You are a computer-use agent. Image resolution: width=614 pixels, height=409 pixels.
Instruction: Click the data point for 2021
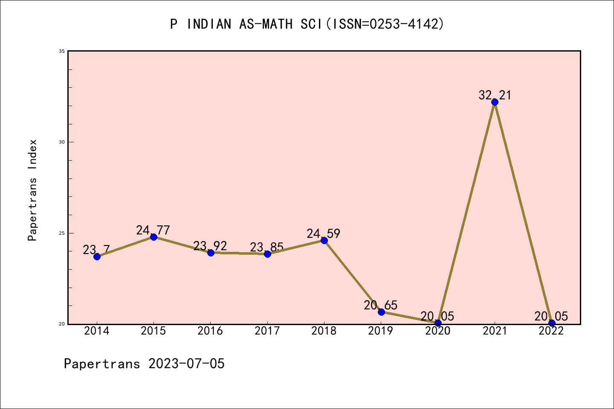(495, 102)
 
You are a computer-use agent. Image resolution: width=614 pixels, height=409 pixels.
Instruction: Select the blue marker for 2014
(97, 256)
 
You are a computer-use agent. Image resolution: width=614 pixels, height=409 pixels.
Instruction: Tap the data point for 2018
(324, 240)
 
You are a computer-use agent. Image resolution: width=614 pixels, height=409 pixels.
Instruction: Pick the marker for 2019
(381, 312)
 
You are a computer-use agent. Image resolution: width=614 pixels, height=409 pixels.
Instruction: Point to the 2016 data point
(211, 253)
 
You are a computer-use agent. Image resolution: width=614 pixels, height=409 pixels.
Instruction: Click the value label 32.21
(495, 95)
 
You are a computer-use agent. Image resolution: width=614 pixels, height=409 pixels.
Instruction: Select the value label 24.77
(153, 230)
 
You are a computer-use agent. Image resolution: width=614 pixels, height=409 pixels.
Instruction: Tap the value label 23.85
(267, 247)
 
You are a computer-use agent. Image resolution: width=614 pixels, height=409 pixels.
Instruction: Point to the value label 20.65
(381, 305)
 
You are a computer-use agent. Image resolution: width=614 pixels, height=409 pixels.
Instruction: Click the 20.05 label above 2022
(551, 316)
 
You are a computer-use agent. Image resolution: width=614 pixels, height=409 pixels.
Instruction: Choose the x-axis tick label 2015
(153, 331)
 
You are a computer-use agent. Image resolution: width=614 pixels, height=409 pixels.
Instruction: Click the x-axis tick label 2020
(438, 331)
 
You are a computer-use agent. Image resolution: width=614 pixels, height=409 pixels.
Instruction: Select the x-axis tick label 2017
(267, 331)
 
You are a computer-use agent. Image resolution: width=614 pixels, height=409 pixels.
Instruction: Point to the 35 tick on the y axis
(62, 51)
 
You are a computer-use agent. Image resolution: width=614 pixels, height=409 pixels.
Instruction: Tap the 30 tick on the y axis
(62, 142)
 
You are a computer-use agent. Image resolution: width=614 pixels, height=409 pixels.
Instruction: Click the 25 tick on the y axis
(62, 233)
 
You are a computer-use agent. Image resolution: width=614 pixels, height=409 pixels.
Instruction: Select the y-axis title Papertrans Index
(33, 190)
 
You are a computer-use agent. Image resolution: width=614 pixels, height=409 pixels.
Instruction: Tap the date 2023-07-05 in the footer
(186, 364)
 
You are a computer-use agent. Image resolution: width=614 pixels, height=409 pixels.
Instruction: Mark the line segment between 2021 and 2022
(523, 212)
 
